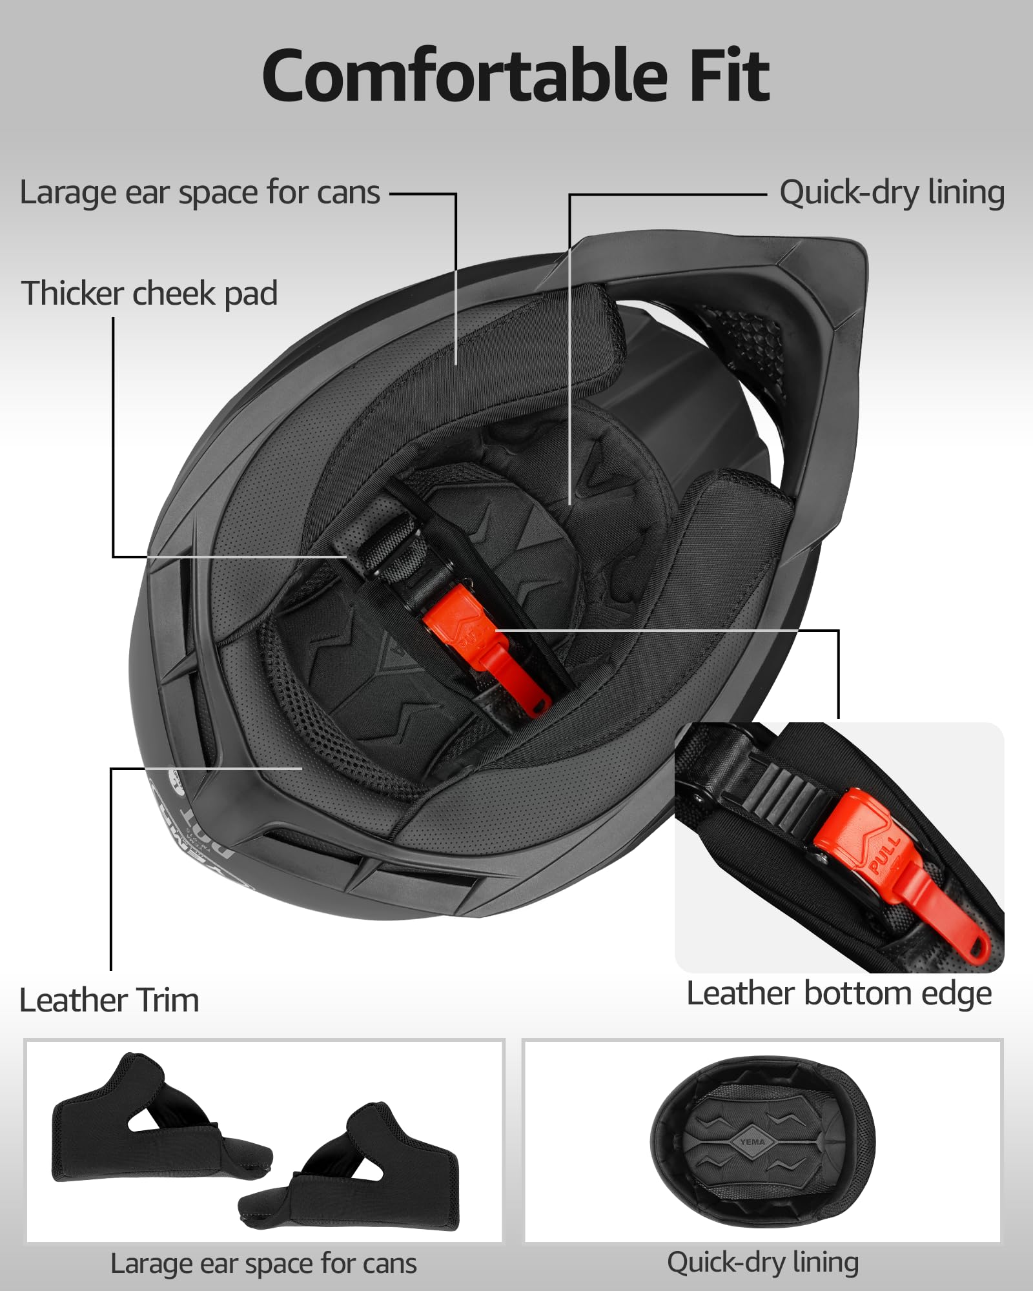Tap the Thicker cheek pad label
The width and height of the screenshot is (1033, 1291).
[150, 294]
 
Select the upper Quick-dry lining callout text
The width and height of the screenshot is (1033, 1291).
[892, 192]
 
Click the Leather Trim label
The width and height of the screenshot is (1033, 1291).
[109, 1001]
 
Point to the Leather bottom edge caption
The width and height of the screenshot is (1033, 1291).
[839, 993]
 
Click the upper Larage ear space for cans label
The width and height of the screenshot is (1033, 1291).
[200, 192]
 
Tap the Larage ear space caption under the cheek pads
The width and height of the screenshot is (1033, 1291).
[263, 1263]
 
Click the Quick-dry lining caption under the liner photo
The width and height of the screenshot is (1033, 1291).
[762, 1262]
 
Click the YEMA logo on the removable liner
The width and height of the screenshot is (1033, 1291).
[753, 1142]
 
